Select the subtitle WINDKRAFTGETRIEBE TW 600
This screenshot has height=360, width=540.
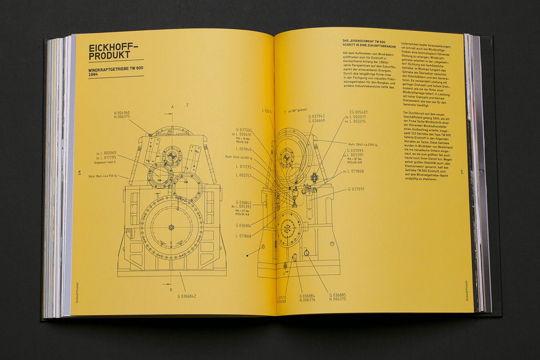(x=116, y=68)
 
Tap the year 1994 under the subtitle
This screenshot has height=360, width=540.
(x=93, y=74)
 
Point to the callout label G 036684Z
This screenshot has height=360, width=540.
(x=187, y=296)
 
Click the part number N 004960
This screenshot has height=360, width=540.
(x=122, y=113)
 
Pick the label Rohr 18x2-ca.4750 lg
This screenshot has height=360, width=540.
(x=103, y=176)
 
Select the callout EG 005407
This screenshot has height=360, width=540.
(x=358, y=112)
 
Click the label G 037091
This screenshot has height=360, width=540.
(x=356, y=189)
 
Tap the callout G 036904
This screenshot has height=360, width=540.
(x=243, y=225)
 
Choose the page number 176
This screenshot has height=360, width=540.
(x=79, y=172)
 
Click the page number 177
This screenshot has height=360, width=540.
(x=462, y=171)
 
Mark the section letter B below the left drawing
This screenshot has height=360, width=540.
(x=171, y=290)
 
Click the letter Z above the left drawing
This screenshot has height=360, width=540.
(x=187, y=105)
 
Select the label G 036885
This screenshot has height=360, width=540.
(x=337, y=295)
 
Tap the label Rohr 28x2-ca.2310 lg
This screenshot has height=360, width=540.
(x=363, y=145)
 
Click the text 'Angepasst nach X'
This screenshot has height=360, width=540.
(x=105, y=162)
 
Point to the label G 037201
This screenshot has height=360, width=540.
(x=244, y=130)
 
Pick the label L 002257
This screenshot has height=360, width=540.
(x=244, y=176)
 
